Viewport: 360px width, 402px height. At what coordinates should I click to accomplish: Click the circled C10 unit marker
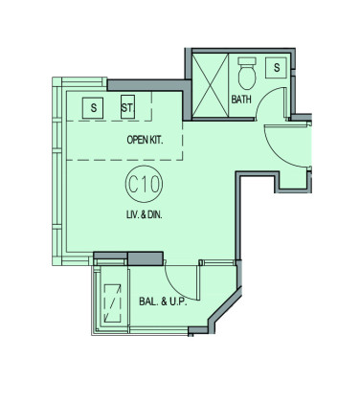pyautogui.click(x=144, y=184)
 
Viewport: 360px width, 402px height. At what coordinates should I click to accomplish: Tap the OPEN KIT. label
pyautogui.click(x=145, y=140)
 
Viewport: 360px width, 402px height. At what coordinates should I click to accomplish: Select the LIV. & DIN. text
pyautogui.click(x=144, y=214)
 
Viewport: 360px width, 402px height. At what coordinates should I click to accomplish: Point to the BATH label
pyautogui.click(x=241, y=100)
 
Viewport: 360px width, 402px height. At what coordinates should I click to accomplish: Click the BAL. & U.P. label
pyautogui.click(x=163, y=301)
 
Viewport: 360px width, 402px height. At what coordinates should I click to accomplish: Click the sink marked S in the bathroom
pyautogui.click(x=277, y=67)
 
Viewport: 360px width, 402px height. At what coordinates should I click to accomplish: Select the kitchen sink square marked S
pyautogui.click(x=93, y=108)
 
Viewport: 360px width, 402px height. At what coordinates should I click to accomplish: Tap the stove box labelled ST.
pyautogui.click(x=127, y=107)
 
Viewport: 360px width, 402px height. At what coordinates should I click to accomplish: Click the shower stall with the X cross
pyautogui.click(x=211, y=85)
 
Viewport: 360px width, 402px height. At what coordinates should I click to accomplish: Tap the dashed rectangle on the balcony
pyautogui.click(x=113, y=303)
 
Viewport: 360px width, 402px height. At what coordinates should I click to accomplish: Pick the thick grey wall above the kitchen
pyautogui.click(x=149, y=85)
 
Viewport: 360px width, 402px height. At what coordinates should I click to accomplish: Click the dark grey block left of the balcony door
pyautogui.click(x=146, y=258)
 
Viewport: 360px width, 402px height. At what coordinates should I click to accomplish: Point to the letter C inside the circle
pyautogui.click(x=133, y=184)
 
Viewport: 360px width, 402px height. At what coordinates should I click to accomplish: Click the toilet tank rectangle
pyautogui.click(x=247, y=61)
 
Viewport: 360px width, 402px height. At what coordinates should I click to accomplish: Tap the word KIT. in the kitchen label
pyautogui.click(x=156, y=140)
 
